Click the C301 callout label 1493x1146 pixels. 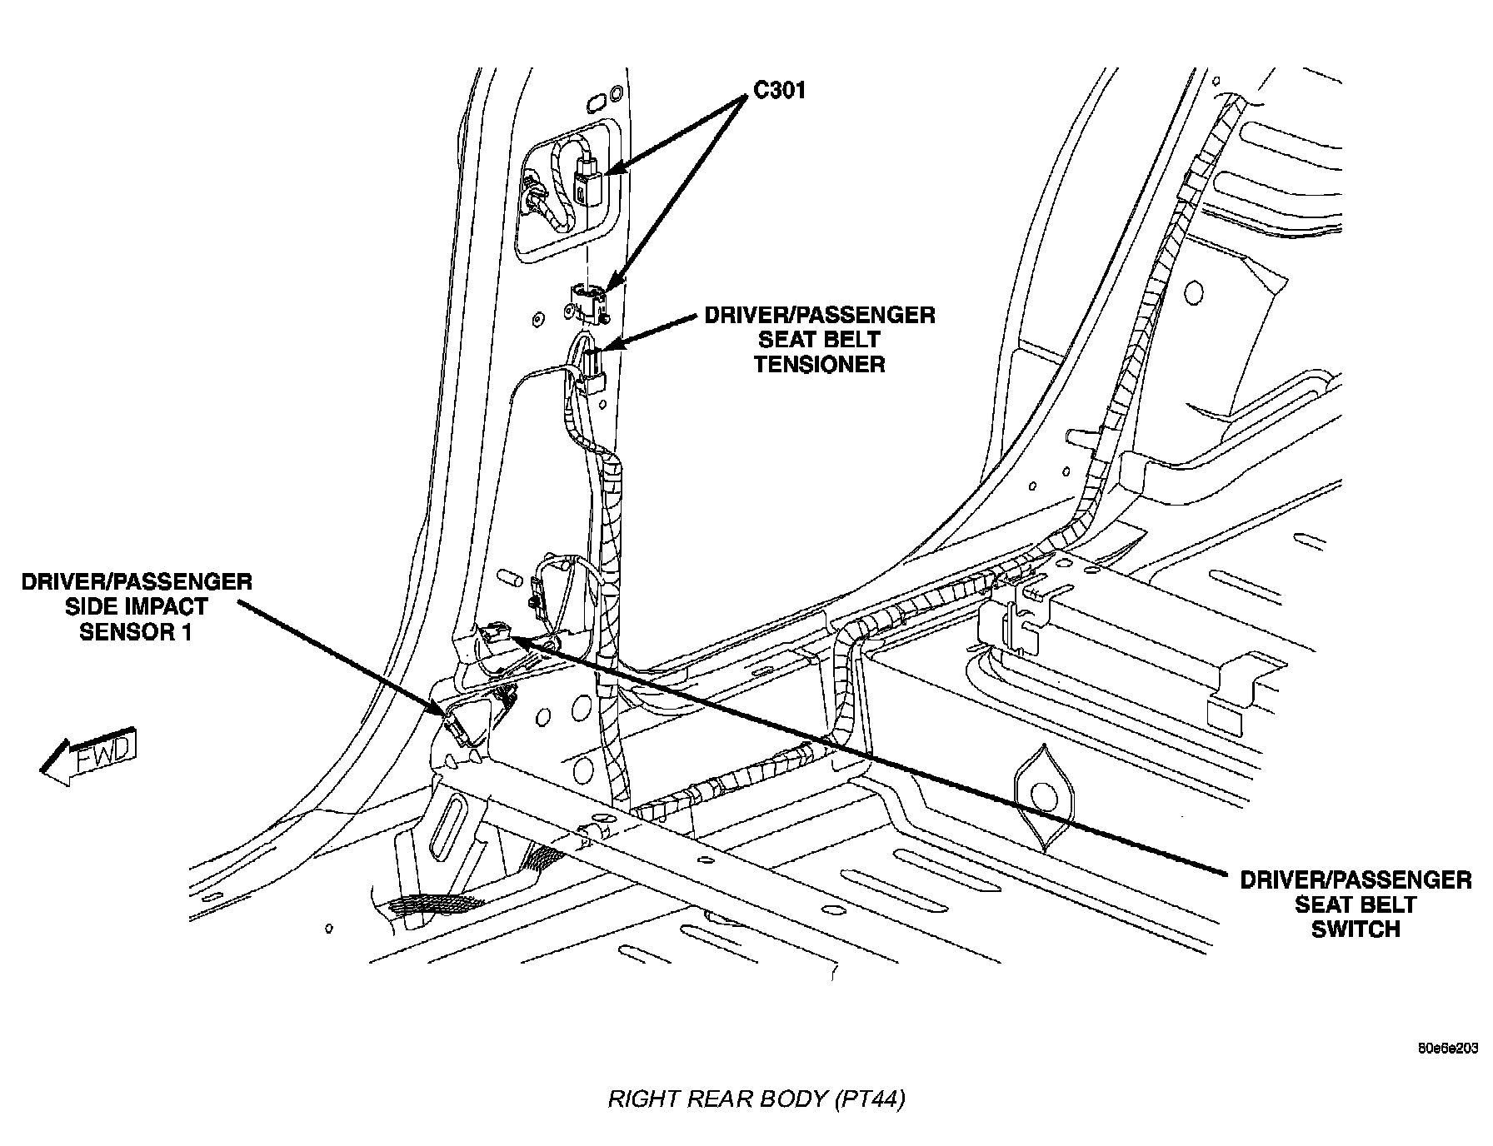[x=779, y=90]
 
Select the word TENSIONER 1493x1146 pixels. [x=819, y=364]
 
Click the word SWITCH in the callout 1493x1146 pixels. [x=1356, y=929]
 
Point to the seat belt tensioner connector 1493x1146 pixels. [x=592, y=371]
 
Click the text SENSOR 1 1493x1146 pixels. [x=136, y=631]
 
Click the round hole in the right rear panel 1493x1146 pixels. [x=1193, y=292]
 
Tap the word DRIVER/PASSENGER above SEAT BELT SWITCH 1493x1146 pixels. [x=1356, y=880]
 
